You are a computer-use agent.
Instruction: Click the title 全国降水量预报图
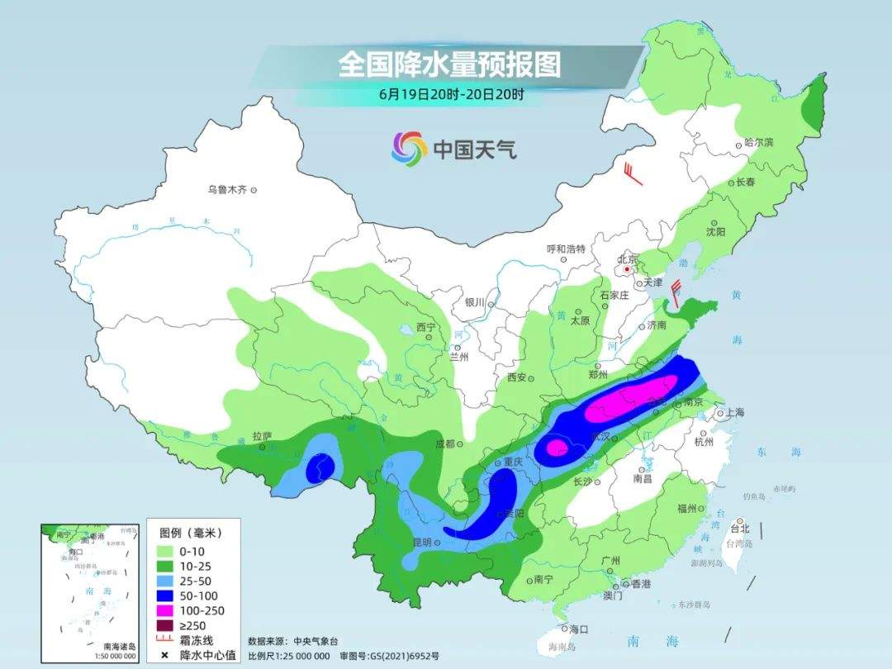pyautogui.click(x=450, y=64)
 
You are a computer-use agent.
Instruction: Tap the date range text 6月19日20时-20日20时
pyautogui.click(x=451, y=94)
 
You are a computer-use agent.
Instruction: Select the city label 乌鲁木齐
pyautogui.click(x=227, y=190)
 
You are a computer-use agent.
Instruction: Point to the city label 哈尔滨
pyautogui.click(x=758, y=143)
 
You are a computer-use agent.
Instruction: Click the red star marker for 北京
pyautogui.click(x=629, y=269)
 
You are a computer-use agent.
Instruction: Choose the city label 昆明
pyautogui.click(x=421, y=543)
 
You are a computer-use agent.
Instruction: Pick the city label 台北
pyautogui.click(x=740, y=528)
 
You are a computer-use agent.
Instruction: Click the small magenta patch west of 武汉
pyautogui.click(x=557, y=448)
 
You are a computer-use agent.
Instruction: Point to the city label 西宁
pyautogui.click(x=425, y=327)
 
